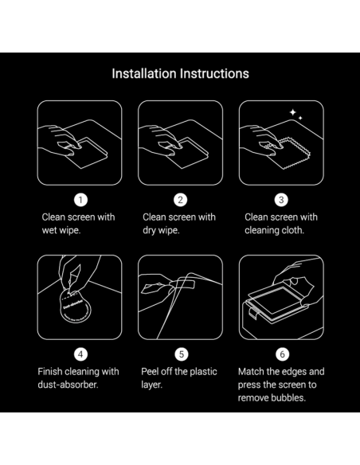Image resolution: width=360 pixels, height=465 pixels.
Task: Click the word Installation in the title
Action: tap(144, 73)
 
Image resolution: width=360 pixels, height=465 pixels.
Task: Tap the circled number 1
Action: tap(80, 200)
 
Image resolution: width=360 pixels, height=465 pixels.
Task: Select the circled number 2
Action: tap(180, 200)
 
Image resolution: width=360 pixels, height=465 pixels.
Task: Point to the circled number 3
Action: tap(281, 200)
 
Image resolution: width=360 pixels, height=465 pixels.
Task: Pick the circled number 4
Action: tap(80, 354)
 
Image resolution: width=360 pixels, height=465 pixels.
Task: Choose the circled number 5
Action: tap(182, 354)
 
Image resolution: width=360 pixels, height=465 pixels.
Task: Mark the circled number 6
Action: tap(282, 354)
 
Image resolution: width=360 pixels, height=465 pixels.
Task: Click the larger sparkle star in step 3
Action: tap(292, 112)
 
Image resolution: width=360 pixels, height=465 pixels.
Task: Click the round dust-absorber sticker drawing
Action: tap(74, 307)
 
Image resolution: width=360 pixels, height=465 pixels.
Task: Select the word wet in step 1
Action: tap(49, 230)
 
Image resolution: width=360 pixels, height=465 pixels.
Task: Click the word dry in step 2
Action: tap(149, 230)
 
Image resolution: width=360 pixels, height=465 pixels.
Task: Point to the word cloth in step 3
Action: tap(293, 230)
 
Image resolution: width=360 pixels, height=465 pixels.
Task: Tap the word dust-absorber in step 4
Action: tap(68, 385)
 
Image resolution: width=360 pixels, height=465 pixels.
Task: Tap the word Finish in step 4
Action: tap(50, 372)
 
